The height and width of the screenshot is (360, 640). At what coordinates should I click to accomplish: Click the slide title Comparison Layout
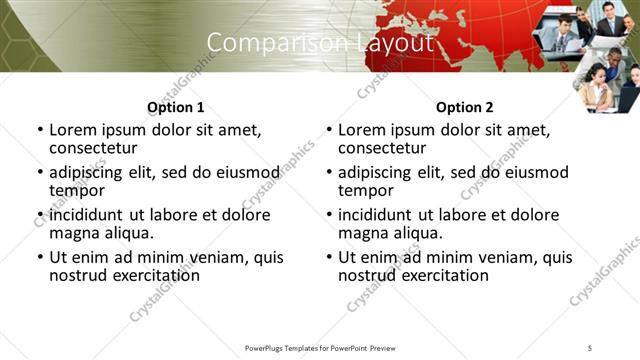click(x=320, y=43)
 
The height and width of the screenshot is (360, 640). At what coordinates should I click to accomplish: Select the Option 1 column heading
click(x=175, y=107)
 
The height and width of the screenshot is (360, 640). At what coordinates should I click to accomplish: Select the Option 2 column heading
click(x=465, y=107)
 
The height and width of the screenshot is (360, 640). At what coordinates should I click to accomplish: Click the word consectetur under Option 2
click(x=382, y=149)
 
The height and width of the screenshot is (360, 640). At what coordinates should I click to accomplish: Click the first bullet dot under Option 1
click(x=40, y=131)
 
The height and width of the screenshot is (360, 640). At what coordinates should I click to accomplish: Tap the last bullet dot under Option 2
click(x=329, y=257)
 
